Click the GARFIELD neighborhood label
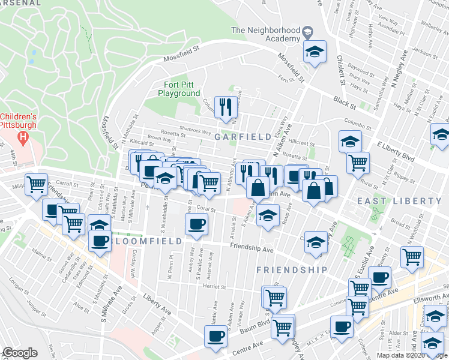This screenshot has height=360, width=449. tap(243, 137)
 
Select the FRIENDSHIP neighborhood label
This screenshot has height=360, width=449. tap(292, 270)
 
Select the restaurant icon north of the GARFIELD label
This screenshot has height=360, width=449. tap(226, 107)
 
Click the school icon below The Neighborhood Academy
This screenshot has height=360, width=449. tap(313, 52)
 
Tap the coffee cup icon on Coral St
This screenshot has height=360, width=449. tap(196, 224)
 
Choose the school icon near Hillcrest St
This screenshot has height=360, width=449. tap(349, 142)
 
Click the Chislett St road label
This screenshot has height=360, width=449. tap(340, 69)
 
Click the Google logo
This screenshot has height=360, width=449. tap(20, 353)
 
